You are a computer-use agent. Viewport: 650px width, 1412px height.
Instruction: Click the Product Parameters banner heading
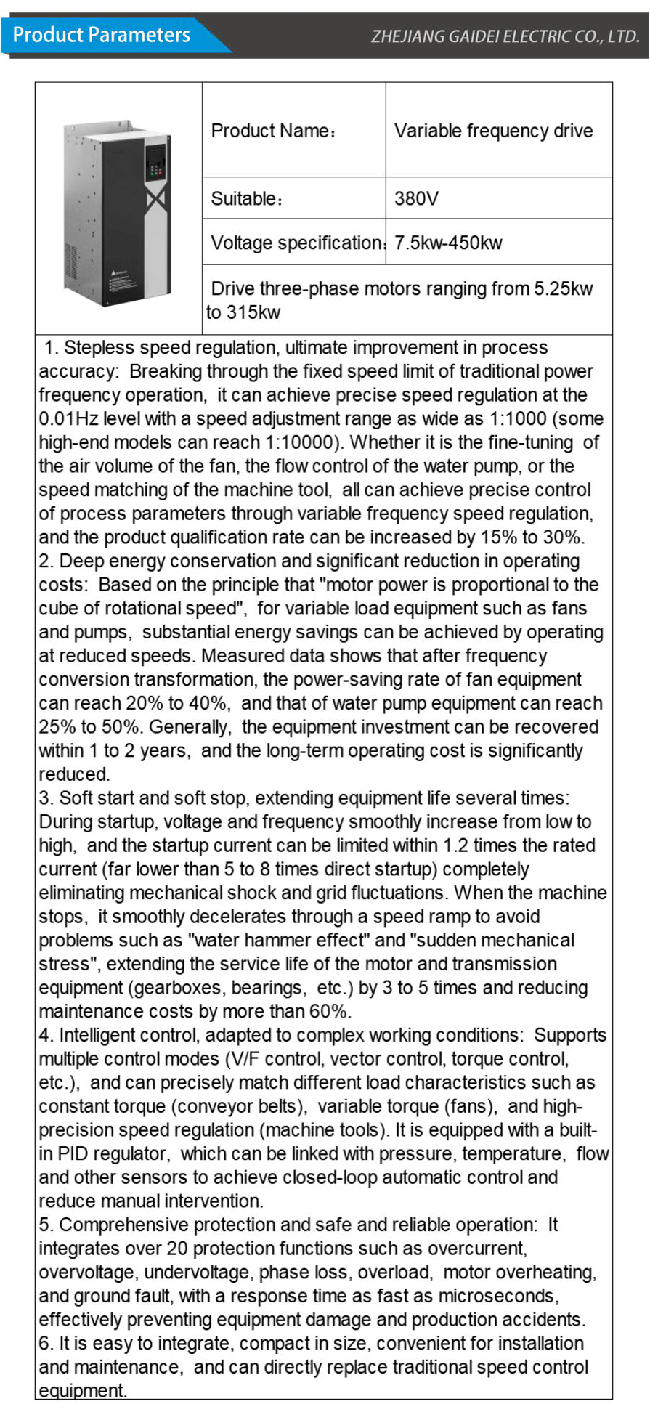tap(102, 35)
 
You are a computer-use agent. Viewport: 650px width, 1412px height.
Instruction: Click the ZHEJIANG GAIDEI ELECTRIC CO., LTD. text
tap(505, 36)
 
